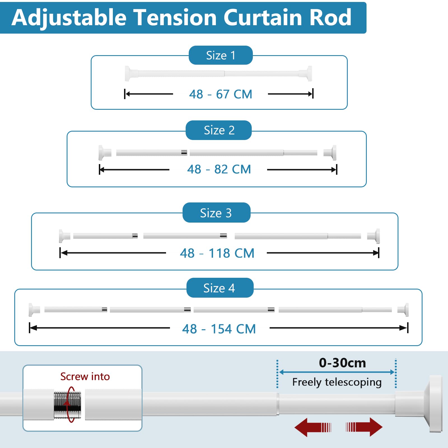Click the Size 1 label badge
coord(221,55)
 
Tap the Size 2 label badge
coord(219,130)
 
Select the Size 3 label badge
coord(216,213)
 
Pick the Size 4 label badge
coord(220,288)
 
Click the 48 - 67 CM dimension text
coord(221,94)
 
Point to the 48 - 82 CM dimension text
coord(219,169)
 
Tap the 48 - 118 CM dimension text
coord(217,253)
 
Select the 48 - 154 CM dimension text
coord(219,329)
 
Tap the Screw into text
coord(85,377)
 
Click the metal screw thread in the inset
coord(67,405)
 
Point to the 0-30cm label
coord(342,363)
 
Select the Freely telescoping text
coord(337,382)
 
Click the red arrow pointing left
coord(312,427)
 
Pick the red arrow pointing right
coord(364,427)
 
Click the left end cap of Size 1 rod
coord(128,74)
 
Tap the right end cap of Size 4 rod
coord(405,309)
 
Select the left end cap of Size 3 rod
coord(63,236)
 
